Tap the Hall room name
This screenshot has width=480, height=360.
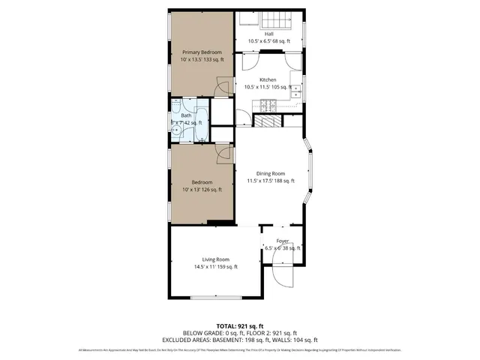coord(268,33)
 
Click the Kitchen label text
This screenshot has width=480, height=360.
coord(268,79)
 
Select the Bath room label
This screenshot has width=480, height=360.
coord(185,115)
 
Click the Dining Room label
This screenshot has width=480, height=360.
coord(271,173)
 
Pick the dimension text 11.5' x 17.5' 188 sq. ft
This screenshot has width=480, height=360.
coord(271,181)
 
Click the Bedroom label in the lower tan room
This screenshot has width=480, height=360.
coord(202,182)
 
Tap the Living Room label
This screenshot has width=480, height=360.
coord(215,259)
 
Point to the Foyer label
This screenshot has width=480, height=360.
coord(282,241)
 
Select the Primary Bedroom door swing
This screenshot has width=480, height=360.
coord(223,88)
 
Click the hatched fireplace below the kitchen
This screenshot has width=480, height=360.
coord(266,121)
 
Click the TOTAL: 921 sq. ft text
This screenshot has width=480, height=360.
coord(239,326)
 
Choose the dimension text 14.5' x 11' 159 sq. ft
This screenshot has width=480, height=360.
coord(215,267)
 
